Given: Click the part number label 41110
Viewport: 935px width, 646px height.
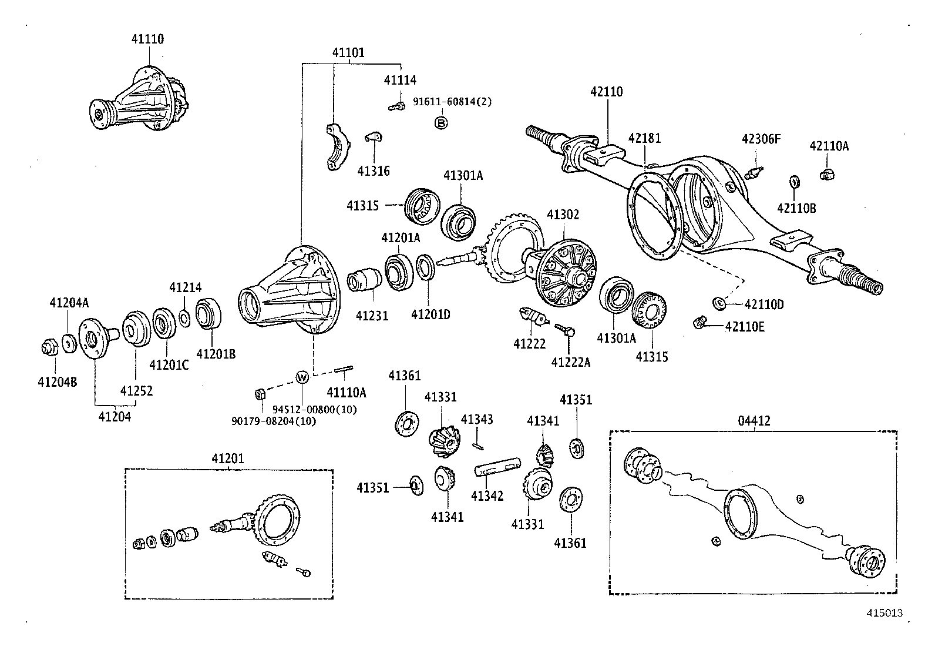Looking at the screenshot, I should pos(147,39).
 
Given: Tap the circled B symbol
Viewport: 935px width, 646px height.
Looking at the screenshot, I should pos(440,122).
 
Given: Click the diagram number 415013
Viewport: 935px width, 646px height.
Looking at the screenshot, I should pos(884,613).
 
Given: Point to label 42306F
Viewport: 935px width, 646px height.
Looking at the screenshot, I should pos(761,139).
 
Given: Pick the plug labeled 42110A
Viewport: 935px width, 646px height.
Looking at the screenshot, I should pos(827,173).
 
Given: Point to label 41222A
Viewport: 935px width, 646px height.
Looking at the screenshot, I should pos(570,362).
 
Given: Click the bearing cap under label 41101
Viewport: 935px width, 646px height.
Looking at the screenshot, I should pos(337,147).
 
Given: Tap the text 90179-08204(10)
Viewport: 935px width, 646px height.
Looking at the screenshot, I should pos(274,421).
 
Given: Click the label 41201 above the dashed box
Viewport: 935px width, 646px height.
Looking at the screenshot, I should pos(228,458).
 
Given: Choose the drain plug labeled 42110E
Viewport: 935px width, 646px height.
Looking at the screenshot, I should pos(699,322).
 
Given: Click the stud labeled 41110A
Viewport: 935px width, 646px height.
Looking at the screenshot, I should pos(344,370).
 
